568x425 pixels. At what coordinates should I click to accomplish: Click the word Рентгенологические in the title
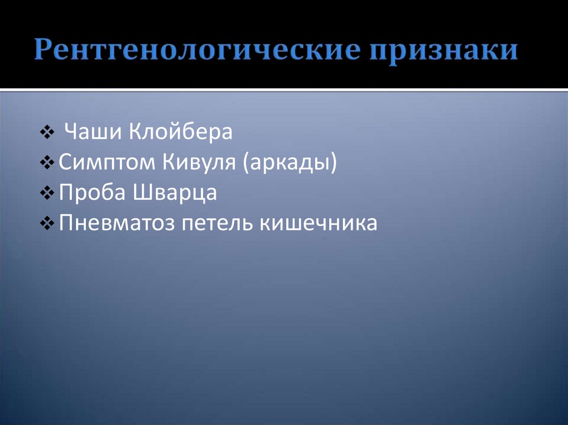199,50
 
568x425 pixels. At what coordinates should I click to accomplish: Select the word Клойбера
181,133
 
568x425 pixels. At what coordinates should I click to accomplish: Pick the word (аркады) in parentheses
289,163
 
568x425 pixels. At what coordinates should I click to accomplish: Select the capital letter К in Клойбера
136,133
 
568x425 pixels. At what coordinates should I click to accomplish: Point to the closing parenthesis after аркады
333,163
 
